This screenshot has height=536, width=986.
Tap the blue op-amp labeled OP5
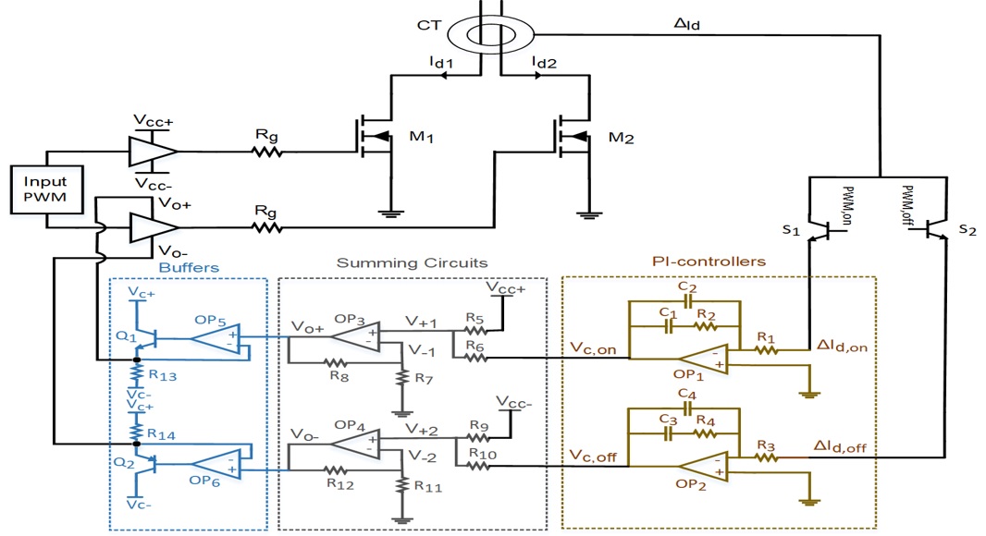click(x=216, y=338)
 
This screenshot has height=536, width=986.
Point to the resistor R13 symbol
click(x=138, y=375)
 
